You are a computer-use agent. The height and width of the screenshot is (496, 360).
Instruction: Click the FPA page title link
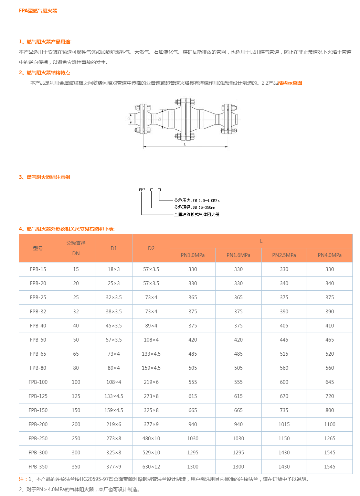[38, 11]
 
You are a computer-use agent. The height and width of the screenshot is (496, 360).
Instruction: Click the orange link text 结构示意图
[290, 83]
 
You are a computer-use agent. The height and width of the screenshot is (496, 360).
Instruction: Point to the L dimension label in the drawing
[185, 144]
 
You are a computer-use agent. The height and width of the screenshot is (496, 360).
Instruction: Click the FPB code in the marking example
[142, 190]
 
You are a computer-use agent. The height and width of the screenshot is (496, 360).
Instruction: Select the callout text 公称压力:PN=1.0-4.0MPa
[197, 201]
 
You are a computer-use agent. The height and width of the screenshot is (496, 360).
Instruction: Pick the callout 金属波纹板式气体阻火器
[197, 214]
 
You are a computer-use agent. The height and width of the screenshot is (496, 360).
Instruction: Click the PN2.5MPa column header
[284, 255]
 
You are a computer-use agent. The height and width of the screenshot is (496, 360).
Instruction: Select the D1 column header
[114, 248]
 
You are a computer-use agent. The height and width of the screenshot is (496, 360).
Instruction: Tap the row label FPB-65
[38, 354]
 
